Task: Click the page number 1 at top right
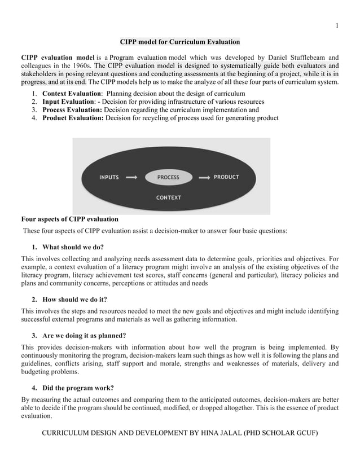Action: coord(336,25)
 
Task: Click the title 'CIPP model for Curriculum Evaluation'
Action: coord(180,42)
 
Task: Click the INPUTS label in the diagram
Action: coord(109,177)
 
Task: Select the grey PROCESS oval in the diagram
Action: coord(168,177)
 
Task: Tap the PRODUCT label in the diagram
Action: coord(226,177)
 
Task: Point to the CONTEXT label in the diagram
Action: coord(168,197)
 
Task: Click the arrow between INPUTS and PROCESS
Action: coord(131,177)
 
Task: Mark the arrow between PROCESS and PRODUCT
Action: coord(203,177)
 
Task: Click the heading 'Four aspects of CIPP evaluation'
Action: coord(69,219)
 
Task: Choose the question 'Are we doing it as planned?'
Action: coord(84,335)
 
